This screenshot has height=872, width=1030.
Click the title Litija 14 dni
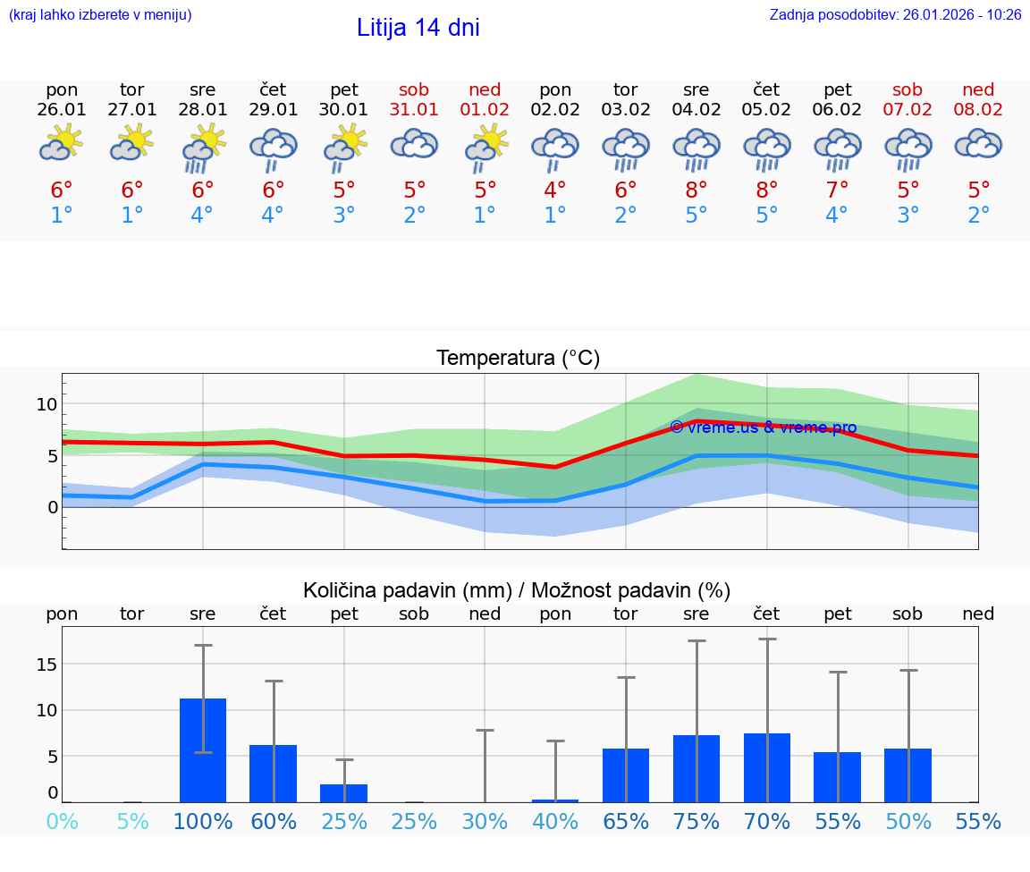(418, 28)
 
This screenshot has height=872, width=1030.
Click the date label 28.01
(203, 110)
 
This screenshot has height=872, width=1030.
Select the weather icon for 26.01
(61, 143)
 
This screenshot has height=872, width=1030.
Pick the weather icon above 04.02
(696, 148)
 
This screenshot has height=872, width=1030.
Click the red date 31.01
(414, 110)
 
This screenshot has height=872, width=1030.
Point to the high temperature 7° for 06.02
(837, 190)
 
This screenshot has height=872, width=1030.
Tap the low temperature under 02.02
(555, 215)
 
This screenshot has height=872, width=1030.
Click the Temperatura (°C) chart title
(518, 358)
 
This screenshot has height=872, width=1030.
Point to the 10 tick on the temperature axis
(47, 404)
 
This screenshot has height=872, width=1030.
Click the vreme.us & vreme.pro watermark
(763, 428)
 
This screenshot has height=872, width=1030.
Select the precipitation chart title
(517, 590)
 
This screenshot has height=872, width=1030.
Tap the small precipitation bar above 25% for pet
(343, 792)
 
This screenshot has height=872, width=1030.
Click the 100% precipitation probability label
(203, 822)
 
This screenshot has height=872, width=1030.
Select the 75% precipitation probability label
(696, 822)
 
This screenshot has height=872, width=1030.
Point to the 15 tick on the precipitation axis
(46, 665)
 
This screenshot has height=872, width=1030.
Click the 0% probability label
(62, 822)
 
